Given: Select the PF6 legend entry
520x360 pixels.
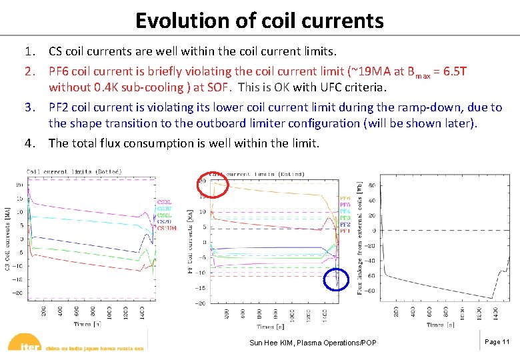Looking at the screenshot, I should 345,198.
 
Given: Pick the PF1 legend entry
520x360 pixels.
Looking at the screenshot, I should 345,231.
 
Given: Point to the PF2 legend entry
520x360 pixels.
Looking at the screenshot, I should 345,225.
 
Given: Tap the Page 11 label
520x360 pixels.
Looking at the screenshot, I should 497,342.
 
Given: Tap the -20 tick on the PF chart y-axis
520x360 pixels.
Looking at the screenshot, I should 199,303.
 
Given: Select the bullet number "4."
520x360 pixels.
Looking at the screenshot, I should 29,143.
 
